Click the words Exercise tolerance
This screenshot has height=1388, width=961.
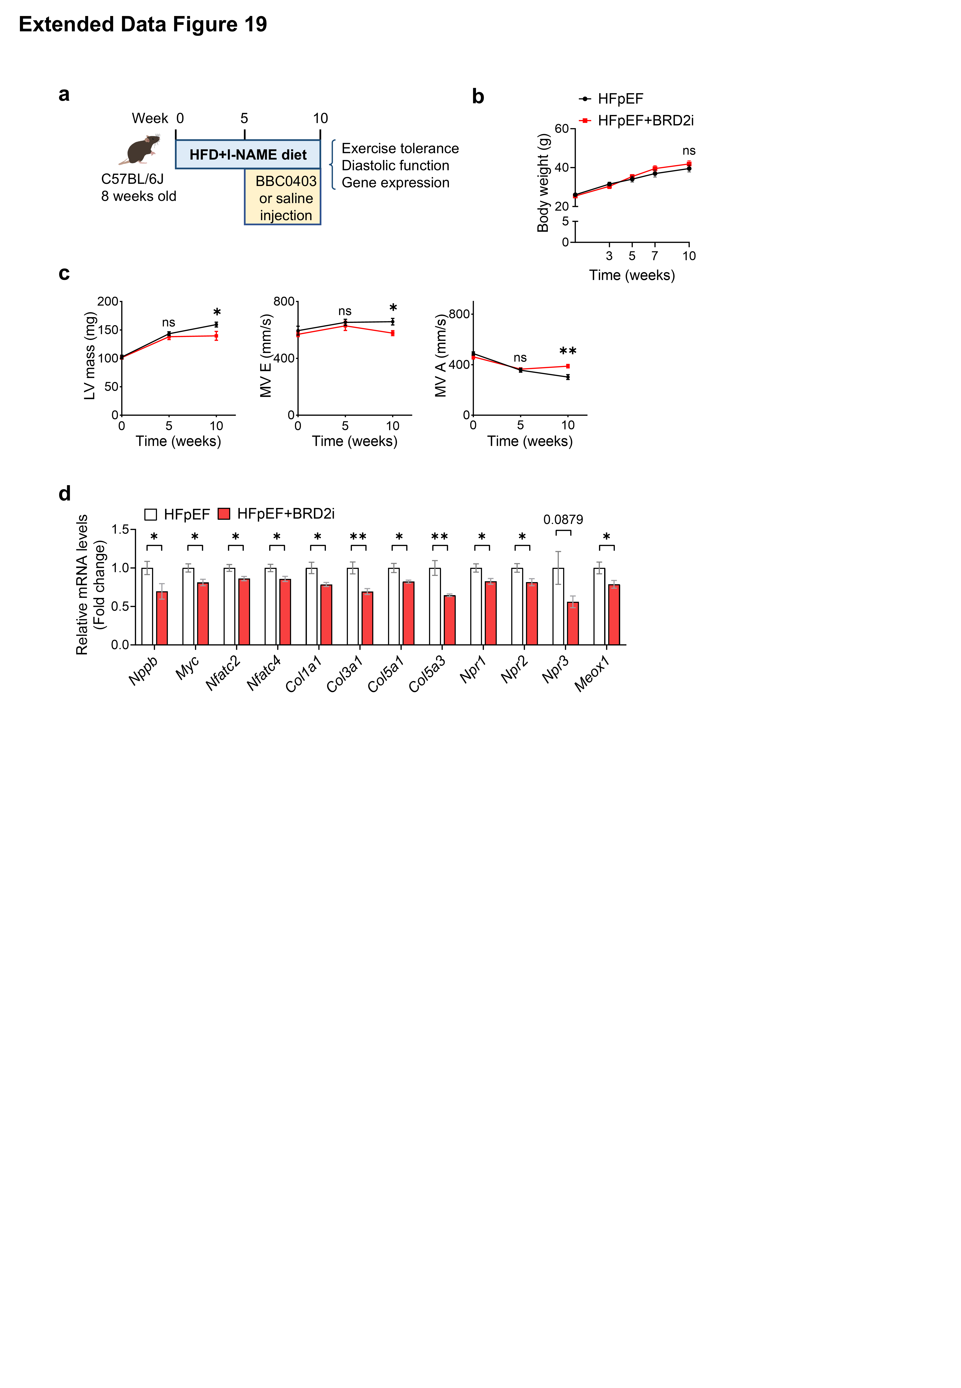pos(400,149)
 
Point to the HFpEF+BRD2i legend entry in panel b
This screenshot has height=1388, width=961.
pos(645,120)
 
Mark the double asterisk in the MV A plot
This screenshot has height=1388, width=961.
pos(568,351)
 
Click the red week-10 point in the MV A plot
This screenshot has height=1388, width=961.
pos(568,366)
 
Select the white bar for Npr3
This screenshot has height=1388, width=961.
pos(558,606)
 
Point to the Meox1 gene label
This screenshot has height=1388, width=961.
pos(592,674)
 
